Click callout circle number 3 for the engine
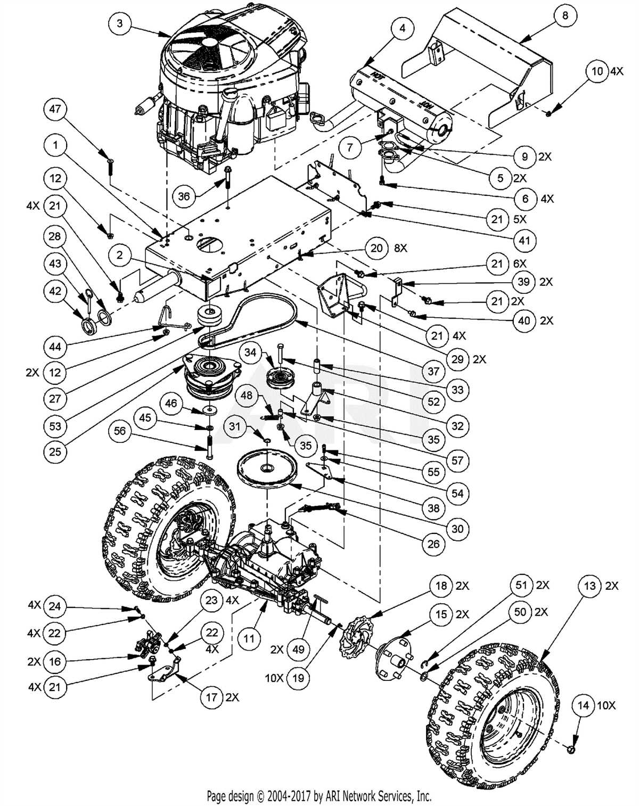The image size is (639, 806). (x=120, y=23)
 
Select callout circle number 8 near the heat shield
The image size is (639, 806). (x=565, y=15)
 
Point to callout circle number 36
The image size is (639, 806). (x=184, y=196)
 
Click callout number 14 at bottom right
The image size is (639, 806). (x=584, y=705)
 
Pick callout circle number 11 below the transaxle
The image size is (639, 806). (x=249, y=638)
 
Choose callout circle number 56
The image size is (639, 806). (x=120, y=431)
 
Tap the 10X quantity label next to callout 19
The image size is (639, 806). (x=274, y=678)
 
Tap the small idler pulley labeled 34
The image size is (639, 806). (x=280, y=379)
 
